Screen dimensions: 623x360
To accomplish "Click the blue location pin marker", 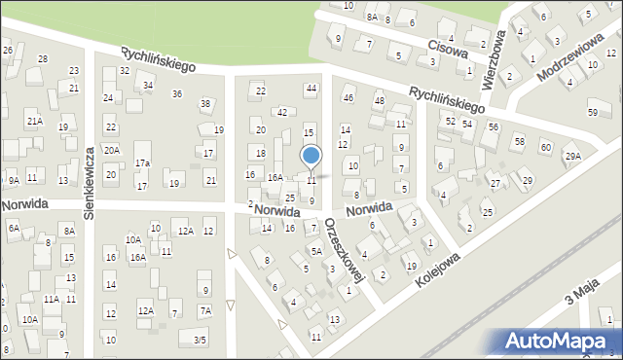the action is pos(311,156).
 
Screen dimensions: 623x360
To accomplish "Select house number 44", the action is pos(311,89).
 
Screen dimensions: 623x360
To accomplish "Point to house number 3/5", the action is pos(199,340).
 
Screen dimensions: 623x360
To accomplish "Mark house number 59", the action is pos(593,113).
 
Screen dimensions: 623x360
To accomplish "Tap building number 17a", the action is pos(142,162).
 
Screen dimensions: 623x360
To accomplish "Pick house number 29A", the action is pos(573,157).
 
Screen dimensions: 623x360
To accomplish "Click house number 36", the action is pos(177,94).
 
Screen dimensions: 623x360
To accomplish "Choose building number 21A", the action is pos(34,122).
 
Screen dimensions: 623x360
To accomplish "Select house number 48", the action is pos(380,101).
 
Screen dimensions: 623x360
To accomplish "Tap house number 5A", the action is pos(316,251).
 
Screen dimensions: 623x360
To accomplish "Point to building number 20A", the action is pos(112,150).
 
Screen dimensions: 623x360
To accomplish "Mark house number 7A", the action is pos(204,310).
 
